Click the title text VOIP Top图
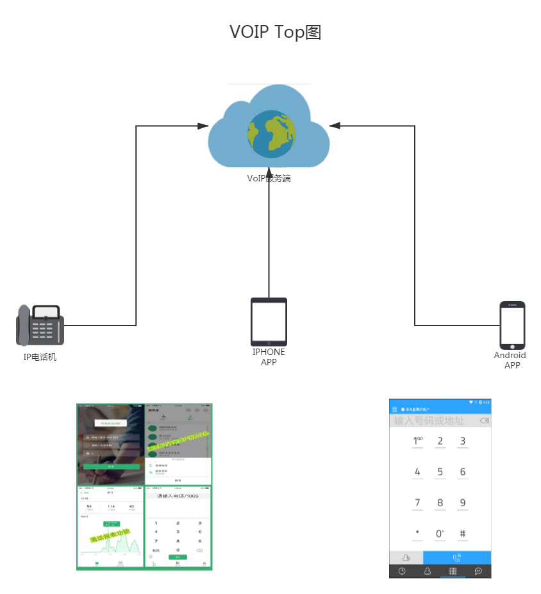point(276,32)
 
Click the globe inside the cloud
point(272,133)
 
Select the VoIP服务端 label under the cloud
point(269,178)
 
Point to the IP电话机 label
point(40,357)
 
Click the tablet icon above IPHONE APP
point(269,322)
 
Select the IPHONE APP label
point(269,357)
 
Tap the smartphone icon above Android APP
point(512,325)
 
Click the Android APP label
point(510,360)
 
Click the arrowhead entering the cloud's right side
point(334,126)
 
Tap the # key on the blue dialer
point(462,534)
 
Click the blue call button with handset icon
point(457,557)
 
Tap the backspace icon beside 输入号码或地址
point(484,421)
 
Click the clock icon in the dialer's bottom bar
point(402,571)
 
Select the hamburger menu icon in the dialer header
point(395,409)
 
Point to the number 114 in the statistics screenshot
point(111,507)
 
